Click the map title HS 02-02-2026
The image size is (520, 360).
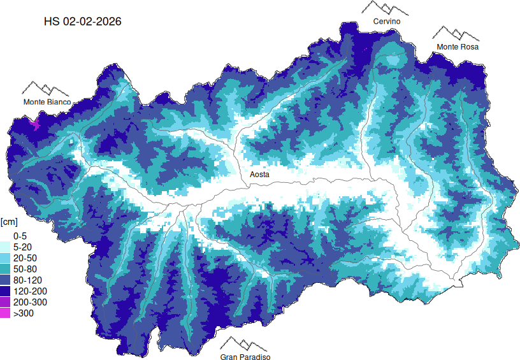click(x=82, y=21)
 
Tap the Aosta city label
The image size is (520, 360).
click(x=259, y=174)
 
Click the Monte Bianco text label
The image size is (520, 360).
click(x=47, y=102)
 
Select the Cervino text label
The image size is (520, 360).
click(x=386, y=22)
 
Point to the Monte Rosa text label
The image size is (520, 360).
click(x=457, y=47)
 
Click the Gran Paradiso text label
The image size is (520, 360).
click(x=245, y=357)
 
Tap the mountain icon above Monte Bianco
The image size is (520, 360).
click(x=45, y=89)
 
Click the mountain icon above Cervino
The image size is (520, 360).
click(x=385, y=8)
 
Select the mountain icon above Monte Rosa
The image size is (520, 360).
click(x=456, y=33)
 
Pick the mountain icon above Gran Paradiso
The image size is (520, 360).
click(x=245, y=344)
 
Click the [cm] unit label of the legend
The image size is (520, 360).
click(x=10, y=222)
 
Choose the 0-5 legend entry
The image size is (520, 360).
click(x=20, y=235)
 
